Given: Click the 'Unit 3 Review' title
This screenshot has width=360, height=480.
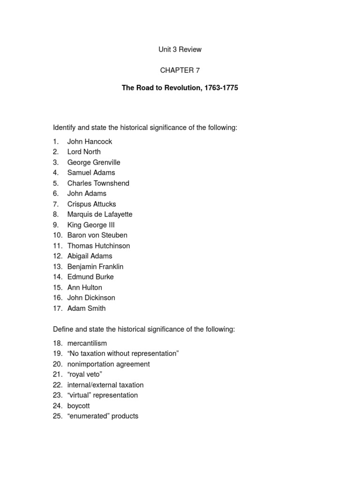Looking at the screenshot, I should point(180,49).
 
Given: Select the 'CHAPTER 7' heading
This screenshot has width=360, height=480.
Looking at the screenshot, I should point(180,70).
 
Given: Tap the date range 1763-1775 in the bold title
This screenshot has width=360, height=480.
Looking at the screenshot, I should point(221,88).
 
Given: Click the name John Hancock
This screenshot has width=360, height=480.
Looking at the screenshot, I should point(90,142).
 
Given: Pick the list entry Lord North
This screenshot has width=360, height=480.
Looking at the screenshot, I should point(84,152).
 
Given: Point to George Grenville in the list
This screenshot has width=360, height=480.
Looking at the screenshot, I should point(94,162).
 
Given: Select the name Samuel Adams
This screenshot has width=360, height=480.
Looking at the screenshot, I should point(91,172).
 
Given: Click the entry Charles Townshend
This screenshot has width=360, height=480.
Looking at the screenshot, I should point(98,183).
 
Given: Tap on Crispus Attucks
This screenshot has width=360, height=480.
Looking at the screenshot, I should point(91,204).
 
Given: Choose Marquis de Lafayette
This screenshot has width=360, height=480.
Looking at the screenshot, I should point(100,214).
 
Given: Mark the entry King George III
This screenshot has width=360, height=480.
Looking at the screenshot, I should point(91,225).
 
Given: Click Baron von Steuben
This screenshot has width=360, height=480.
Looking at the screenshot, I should point(97,235).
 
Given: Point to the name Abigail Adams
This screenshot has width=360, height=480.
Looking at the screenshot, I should point(90,256).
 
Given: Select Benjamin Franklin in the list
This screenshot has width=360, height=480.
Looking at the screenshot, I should point(95,267).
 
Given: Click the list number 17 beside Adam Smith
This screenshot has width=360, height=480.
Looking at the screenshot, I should point(57,308).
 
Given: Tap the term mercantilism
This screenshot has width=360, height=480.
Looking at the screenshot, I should point(87,344).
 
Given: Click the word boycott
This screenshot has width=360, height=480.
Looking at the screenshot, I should point(78,406).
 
